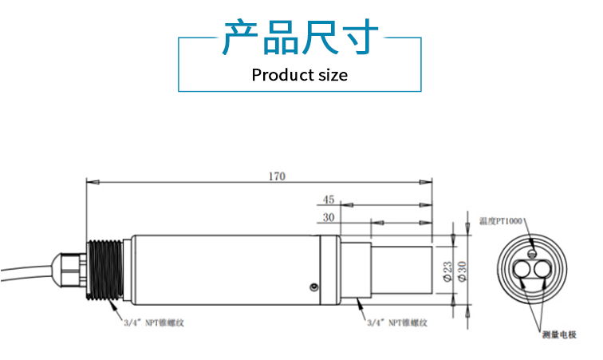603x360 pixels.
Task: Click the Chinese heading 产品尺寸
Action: tap(300, 38)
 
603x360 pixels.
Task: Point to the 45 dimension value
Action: tap(329, 199)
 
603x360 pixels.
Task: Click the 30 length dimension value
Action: tap(328, 217)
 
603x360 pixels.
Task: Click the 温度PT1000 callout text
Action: tap(503, 220)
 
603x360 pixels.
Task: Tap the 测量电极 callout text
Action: tap(558, 334)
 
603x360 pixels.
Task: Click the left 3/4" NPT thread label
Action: tap(158, 324)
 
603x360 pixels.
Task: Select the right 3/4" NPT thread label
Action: tap(397, 324)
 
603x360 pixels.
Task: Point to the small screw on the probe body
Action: tap(313, 287)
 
